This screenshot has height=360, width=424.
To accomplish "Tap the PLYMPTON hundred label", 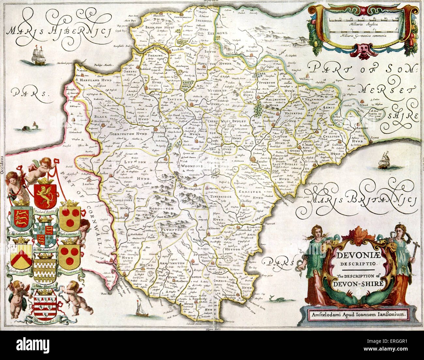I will [x=171, y=230].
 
